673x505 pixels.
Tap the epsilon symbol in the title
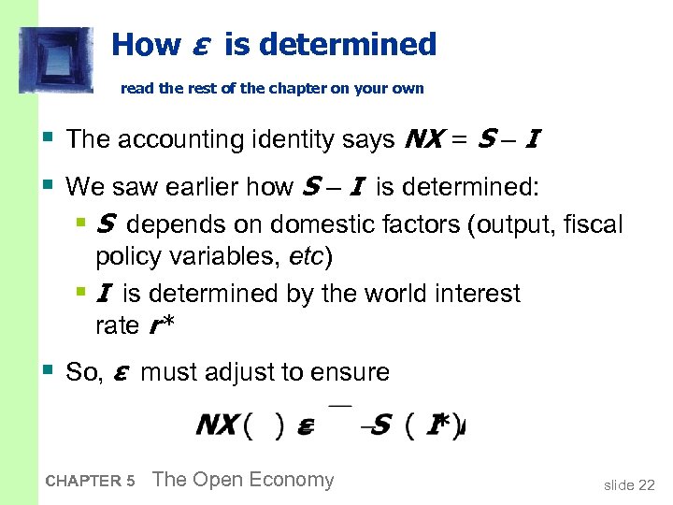pyautogui.click(x=199, y=45)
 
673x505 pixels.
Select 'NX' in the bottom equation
pyautogui.click(x=216, y=426)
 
